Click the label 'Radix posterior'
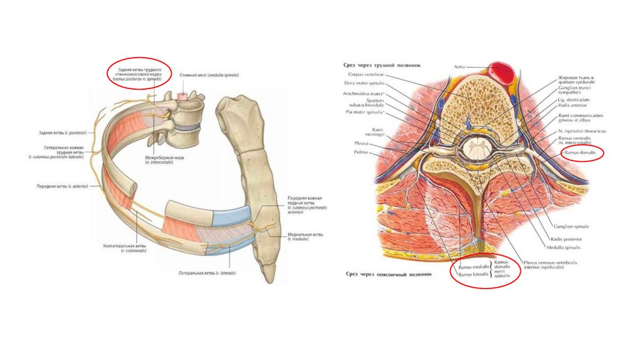point(565,239)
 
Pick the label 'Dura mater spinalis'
point(364,83)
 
